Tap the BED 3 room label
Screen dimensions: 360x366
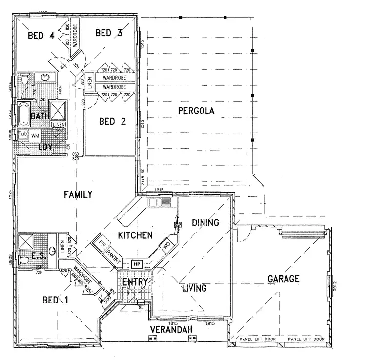point(108,33)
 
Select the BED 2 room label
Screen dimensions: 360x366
point(113,121)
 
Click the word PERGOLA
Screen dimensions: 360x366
point(196,111)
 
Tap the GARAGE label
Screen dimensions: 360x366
point(284,279)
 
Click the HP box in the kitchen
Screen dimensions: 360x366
point(137,264)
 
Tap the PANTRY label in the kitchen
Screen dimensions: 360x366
point(114,254)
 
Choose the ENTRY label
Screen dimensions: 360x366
point(135,283)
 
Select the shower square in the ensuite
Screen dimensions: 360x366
point(25,241)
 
